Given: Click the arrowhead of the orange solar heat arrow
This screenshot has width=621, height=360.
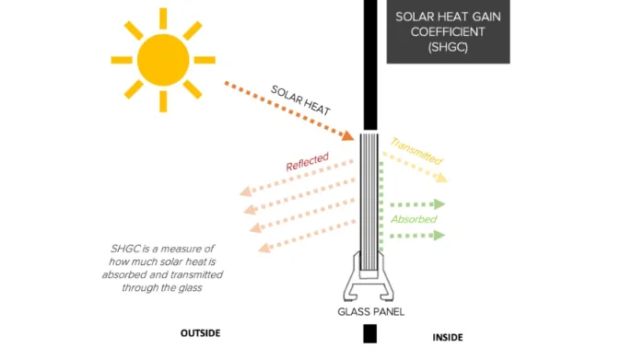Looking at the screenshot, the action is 349,134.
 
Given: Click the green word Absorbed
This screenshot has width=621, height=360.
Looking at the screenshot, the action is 414,220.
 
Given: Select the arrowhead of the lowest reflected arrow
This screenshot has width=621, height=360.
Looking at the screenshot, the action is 264,247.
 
